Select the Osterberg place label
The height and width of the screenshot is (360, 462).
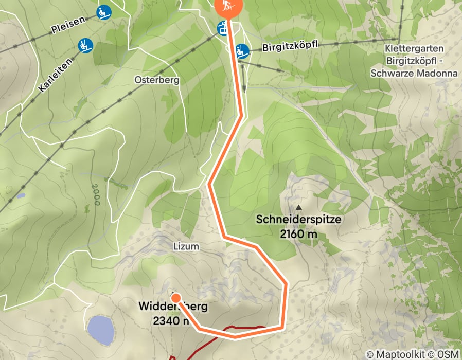(x=156, y=80)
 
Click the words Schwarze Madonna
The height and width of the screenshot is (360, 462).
(x=414, y=74)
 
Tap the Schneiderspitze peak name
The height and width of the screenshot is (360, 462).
(x=298, y=220)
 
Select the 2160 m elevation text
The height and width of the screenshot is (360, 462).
(x=298, y=235)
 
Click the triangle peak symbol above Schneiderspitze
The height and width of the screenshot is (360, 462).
(x=299, y=207)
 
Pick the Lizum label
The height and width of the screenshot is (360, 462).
(x=186, y=247)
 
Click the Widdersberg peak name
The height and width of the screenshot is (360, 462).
(x=173, y=307)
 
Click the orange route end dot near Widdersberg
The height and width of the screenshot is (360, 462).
(x=175, y=298)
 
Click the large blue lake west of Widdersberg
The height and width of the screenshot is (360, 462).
(x=101, y=330)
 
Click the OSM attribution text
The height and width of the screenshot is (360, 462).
(x=448, y=354)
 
